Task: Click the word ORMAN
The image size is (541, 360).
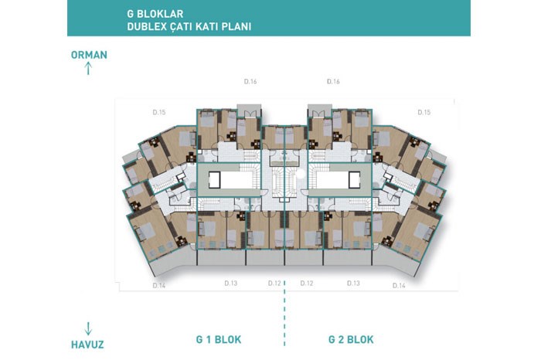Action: coord(89,55)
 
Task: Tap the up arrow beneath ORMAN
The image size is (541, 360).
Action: coord(88,68)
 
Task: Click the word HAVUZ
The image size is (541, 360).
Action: coord(87,345)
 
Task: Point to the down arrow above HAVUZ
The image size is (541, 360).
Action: coord(88,328)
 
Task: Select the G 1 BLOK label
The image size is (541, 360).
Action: coord(219,339)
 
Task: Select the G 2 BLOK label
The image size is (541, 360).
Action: coord(351,339)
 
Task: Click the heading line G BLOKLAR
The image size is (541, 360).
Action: coord(155,14)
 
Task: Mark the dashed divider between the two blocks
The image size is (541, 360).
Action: coord(284,313)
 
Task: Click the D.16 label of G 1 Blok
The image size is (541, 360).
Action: coord(250,82)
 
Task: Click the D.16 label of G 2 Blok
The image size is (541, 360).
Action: coord(333,82)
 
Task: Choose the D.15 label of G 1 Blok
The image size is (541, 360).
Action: coord(159,113)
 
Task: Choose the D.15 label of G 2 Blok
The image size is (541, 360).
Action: coord(424,113)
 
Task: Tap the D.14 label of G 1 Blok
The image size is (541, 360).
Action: coord(159,286)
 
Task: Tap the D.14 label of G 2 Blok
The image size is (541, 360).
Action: coord(400,286)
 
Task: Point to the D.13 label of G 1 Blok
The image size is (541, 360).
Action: coord(231,283)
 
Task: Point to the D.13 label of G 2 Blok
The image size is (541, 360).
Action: coord(353,283)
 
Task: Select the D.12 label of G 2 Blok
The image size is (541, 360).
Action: coord(306,283)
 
